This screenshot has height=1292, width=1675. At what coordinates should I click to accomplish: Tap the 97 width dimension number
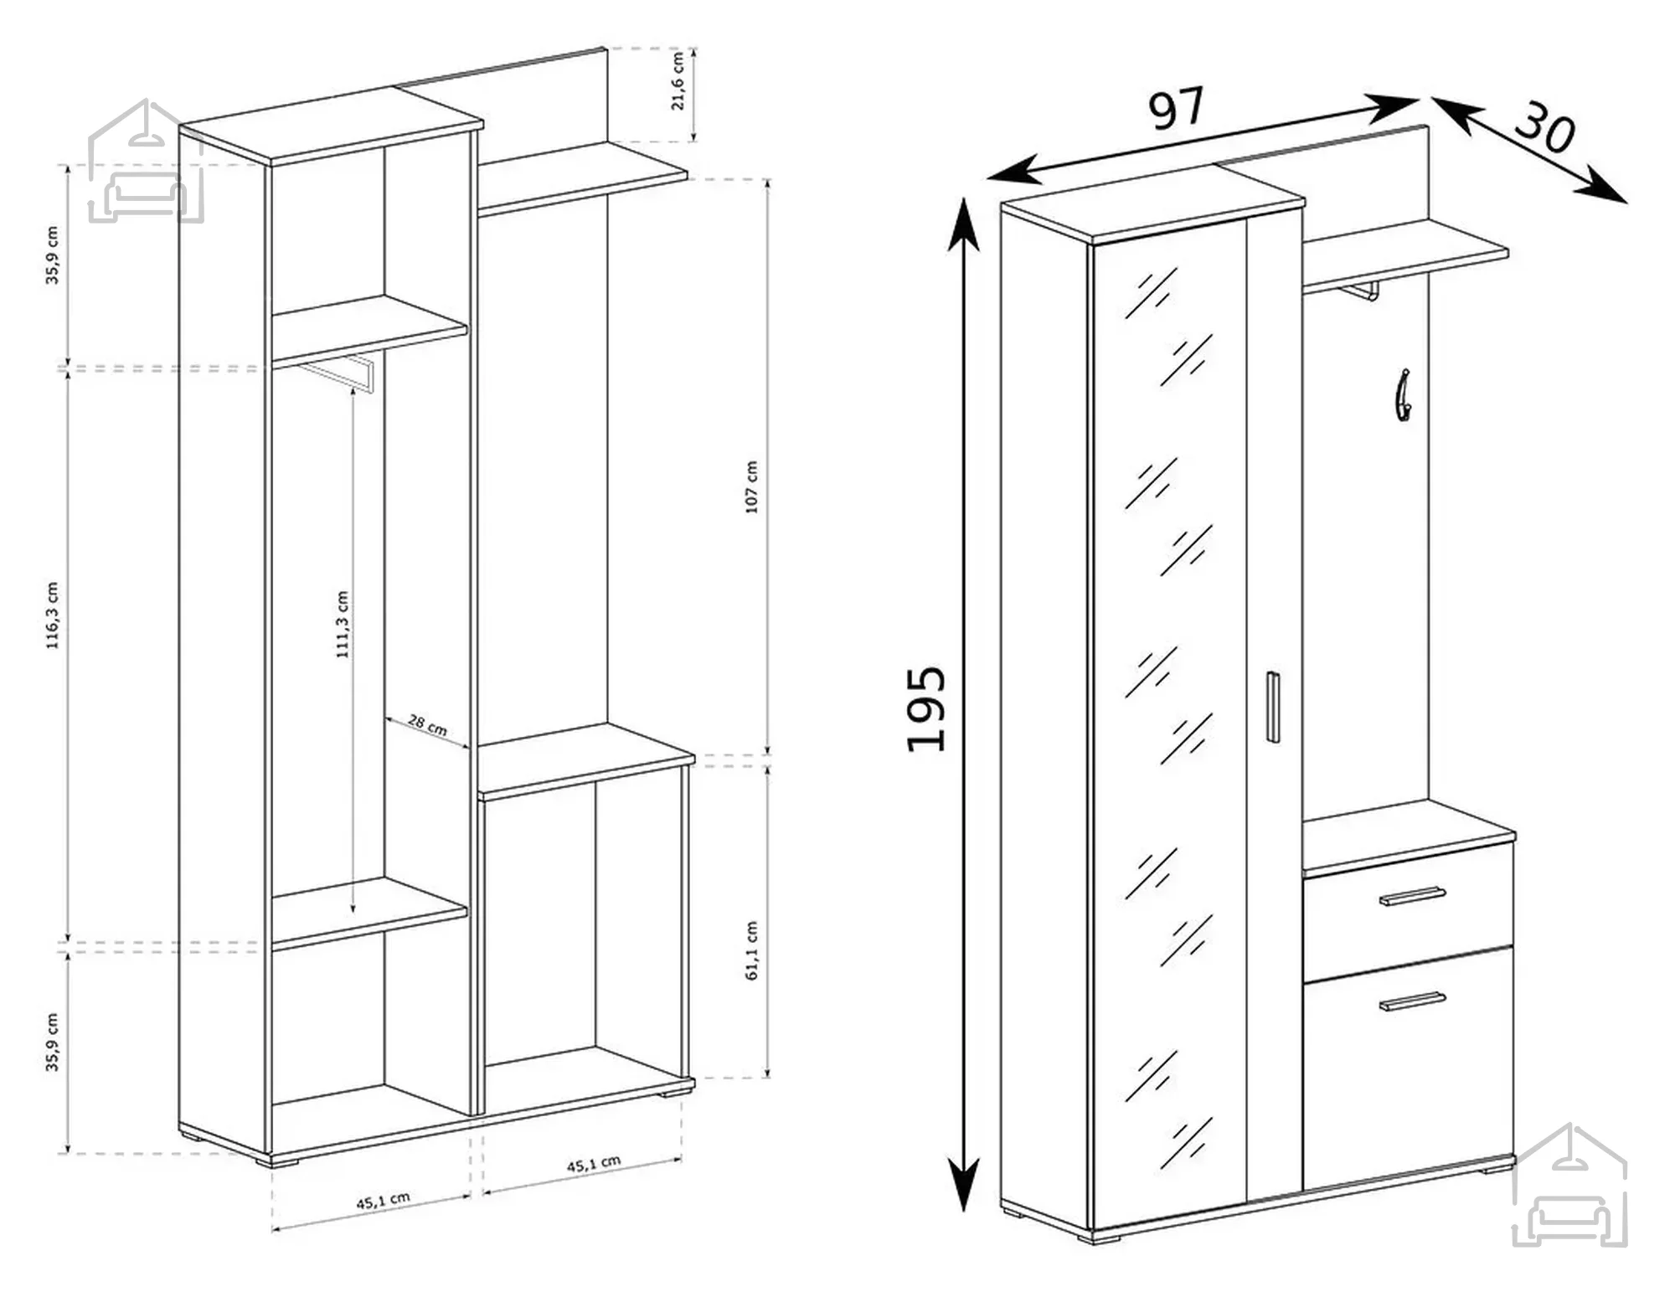[1176, 108]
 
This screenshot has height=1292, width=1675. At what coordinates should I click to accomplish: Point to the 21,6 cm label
[678, 80]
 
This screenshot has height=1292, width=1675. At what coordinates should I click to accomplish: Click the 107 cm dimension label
[750, 486]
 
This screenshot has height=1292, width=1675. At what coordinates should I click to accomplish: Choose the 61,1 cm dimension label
[750, 950]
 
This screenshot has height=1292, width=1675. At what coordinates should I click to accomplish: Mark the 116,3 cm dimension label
[52, 615]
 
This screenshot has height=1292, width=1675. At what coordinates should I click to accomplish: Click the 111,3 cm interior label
[342, 625]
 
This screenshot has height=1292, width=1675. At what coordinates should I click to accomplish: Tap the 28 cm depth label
[427, 725]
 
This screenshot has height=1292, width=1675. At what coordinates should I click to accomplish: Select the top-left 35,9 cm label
[52, 255]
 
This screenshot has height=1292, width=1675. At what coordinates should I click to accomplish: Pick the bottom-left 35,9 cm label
[52, 1042]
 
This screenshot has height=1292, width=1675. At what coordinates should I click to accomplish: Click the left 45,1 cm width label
[383, 1201]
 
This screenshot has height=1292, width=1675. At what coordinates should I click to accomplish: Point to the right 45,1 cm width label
[594, 1165]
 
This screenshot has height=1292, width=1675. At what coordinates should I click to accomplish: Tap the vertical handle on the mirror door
[1272, 707]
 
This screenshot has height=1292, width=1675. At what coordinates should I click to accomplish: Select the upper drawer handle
[1412, 896]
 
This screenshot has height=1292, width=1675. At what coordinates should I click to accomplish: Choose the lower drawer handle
[1412, 1001]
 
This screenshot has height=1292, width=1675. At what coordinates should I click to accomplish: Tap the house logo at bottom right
[1569, 1186]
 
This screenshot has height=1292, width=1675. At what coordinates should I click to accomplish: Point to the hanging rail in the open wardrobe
[337, 373]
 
